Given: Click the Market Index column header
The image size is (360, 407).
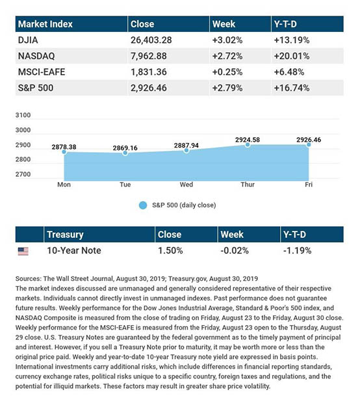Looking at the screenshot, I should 45,25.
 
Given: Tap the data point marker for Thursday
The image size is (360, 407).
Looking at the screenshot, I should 248,144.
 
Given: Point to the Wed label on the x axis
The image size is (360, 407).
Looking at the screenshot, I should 186,185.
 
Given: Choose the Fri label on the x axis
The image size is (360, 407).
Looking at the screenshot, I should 309,185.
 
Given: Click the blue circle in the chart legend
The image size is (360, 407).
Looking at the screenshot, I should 143,205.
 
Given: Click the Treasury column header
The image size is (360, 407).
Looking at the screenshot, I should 66,233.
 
